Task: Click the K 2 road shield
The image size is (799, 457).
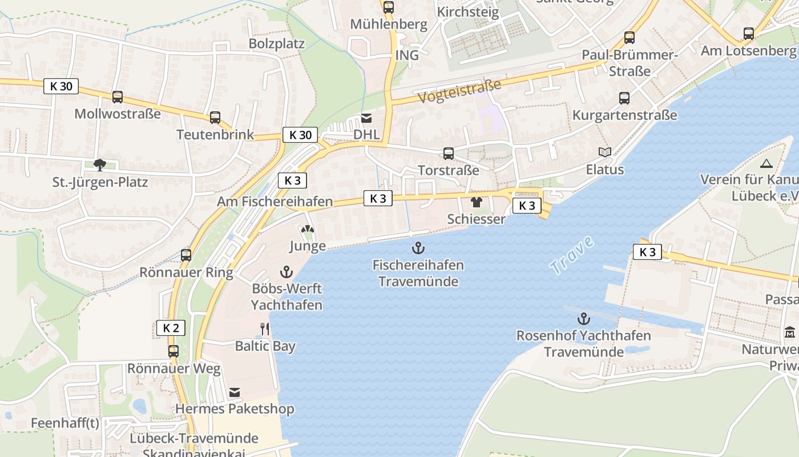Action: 171,328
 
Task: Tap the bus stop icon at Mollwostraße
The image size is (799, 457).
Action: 118,97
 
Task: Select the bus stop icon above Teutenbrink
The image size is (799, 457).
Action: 215,118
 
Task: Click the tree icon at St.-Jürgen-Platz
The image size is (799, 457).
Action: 100,166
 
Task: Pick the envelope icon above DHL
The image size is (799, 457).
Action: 366,118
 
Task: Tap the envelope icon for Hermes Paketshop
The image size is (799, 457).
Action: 235,392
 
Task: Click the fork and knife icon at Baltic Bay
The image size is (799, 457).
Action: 265,328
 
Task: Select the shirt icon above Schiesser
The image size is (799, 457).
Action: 477,202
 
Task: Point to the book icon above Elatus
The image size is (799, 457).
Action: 605,152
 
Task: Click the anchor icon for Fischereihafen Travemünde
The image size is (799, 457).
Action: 418,248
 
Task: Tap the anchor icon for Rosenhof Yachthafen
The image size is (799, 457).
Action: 583,318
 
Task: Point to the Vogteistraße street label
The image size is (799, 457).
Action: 459,91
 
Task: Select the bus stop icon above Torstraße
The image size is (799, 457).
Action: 449,153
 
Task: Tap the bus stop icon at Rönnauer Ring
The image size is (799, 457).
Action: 186,255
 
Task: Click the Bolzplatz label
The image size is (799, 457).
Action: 277,44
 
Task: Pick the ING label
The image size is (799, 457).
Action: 407,55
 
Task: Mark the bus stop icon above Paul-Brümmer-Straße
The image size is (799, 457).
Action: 629,38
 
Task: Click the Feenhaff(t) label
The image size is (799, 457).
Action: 65,423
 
